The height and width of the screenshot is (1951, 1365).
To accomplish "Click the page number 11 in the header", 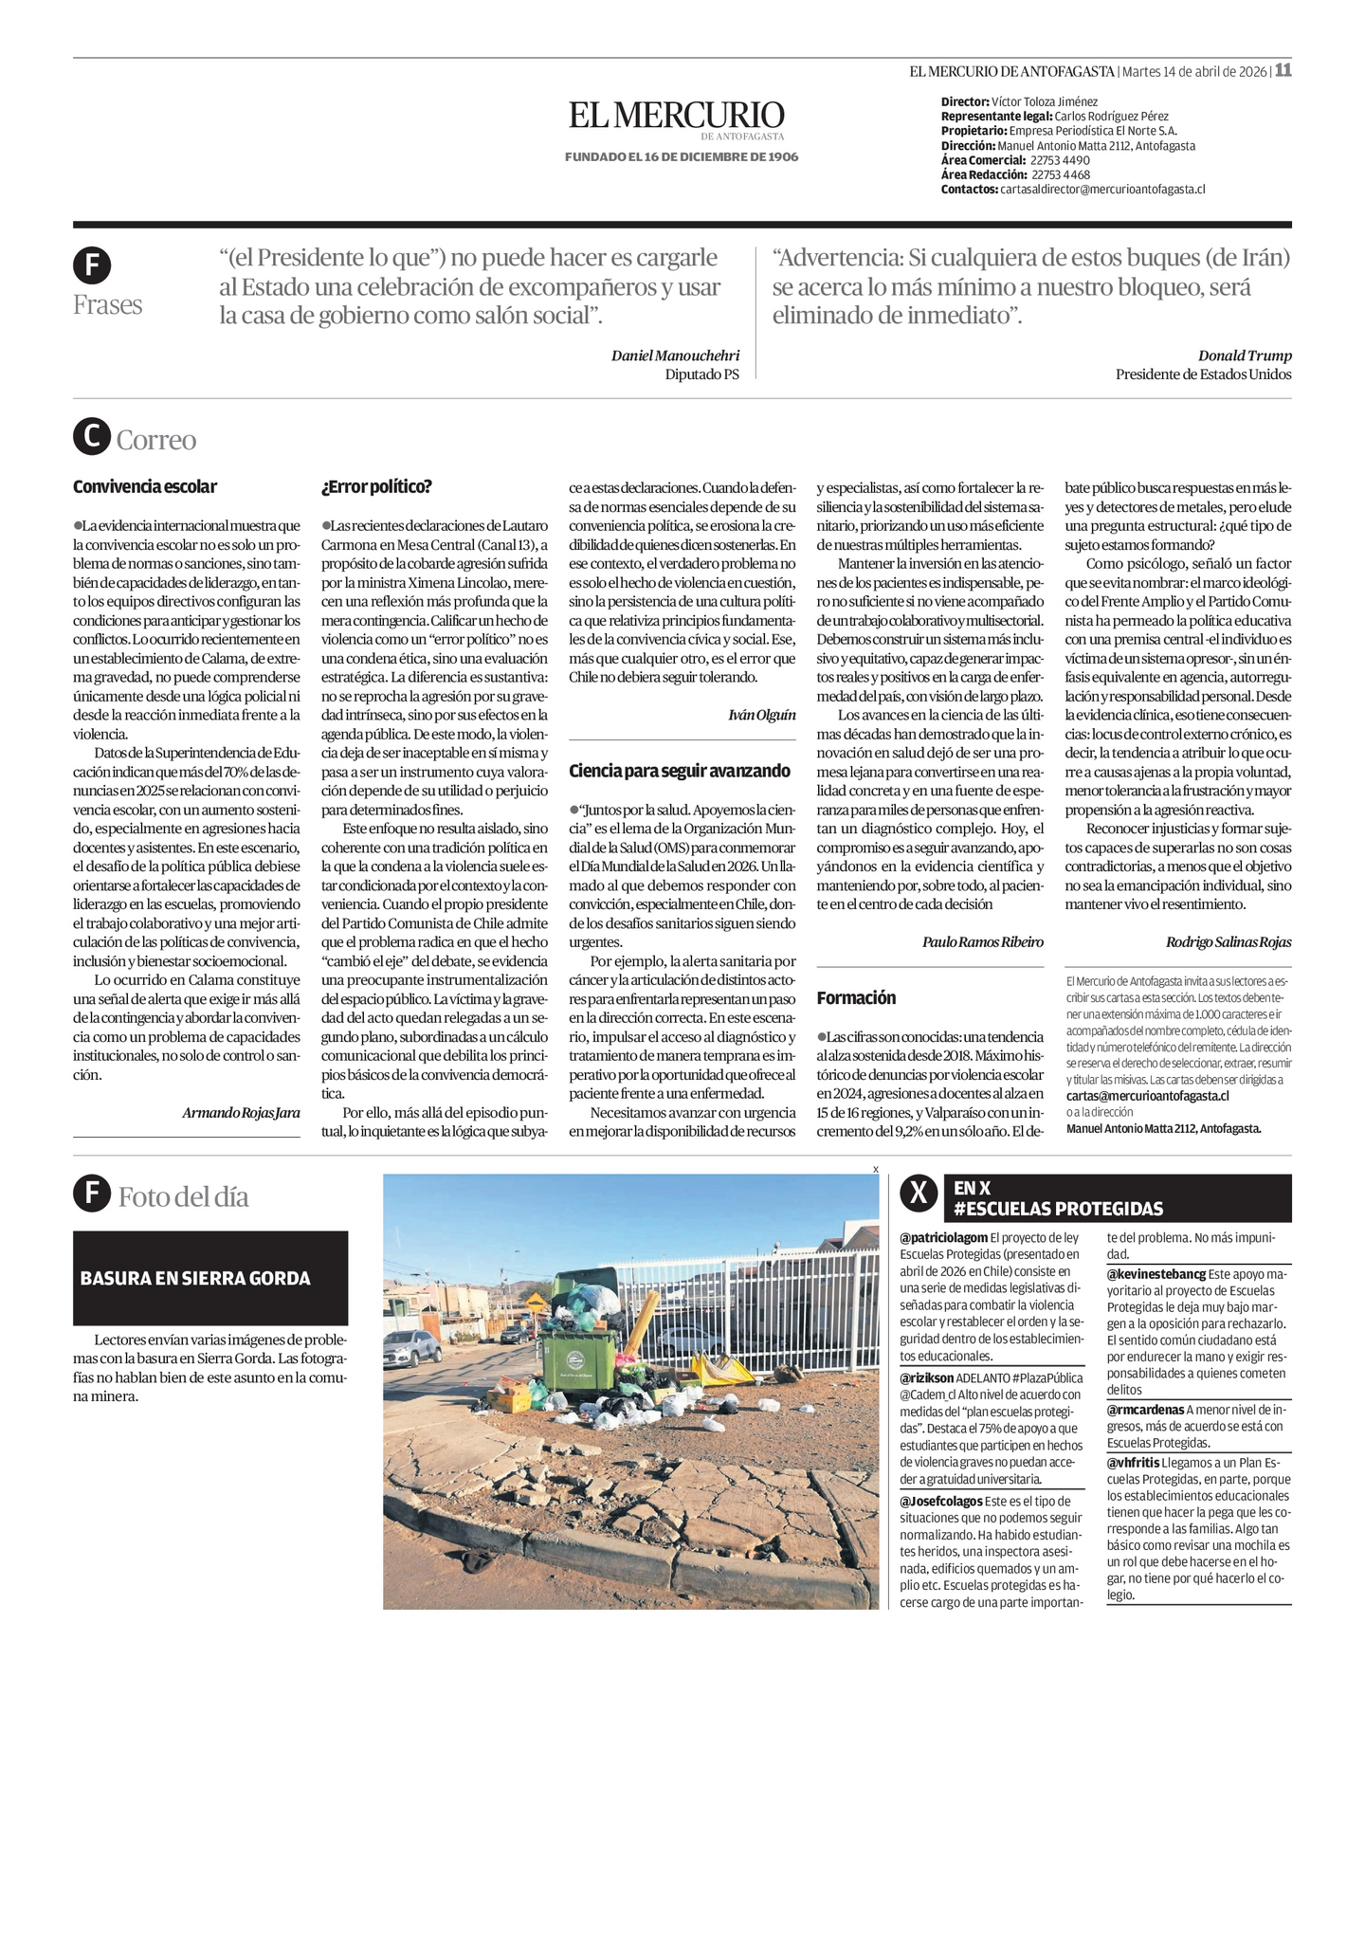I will pos(1283,70).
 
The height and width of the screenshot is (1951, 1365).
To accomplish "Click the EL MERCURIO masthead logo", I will pos(677,116).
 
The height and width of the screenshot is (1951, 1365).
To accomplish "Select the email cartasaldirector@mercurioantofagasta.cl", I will pos(1102,190).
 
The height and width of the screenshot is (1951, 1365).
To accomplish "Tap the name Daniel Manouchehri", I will pos(675,356).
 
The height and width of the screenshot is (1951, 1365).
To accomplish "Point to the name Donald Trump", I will pos(1244,356).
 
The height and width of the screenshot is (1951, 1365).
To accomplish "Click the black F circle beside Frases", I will pos(92,265).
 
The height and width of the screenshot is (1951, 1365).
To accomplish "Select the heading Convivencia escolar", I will pos(145,486).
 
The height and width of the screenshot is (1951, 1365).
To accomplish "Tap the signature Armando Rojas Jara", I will pos(241,1112).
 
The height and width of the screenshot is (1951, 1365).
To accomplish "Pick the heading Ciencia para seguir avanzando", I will pos(679,771).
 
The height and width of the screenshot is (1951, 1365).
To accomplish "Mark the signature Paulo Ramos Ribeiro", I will pos(982,941).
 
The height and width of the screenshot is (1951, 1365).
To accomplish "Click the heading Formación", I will pos(856,997).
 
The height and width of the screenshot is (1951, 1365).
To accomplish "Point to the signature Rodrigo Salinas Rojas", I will pos(1228,941).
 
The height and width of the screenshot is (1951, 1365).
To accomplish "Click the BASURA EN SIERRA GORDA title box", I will pos(210,1278).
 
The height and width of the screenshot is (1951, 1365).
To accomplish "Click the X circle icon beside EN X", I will pos(918,1196).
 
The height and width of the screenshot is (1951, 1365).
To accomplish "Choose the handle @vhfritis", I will pos(1133,1463).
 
